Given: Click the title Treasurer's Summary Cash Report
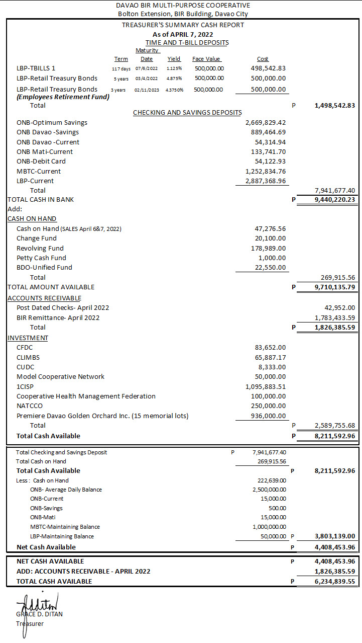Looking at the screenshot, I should point(183,25).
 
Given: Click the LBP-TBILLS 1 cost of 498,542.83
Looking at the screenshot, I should point(268,68).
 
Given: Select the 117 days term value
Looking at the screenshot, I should point(121,68).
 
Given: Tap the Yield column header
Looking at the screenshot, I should point(174,59).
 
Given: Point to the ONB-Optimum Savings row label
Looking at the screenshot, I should point(52,122).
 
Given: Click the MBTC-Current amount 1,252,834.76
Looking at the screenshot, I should point(266,171).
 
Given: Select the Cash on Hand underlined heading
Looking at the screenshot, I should point(32,218).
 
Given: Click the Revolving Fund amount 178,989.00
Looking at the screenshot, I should point(270,248).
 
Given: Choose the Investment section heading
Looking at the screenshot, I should point(28,338).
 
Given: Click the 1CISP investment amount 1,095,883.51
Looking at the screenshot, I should point(266,386).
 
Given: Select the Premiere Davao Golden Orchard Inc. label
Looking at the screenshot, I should point(102,416).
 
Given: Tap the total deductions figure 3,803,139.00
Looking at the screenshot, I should point(334,536).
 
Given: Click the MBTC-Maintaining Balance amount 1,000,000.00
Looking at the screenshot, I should point(269,527).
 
